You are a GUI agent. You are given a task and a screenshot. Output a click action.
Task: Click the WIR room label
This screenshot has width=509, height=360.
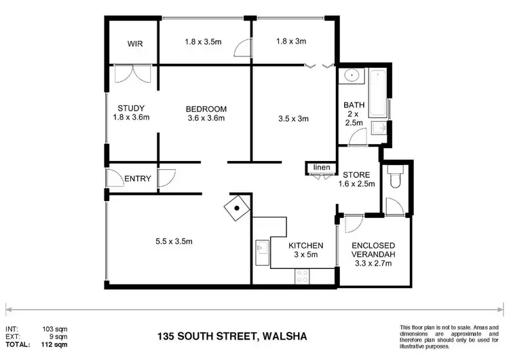pyautogui.click(x=136, y=44)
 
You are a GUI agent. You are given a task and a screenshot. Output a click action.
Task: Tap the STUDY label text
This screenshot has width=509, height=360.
pyautogui.click(x=130, y=108)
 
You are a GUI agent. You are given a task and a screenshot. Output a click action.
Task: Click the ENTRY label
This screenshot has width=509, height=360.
pyautogui.click(x=137, y=179)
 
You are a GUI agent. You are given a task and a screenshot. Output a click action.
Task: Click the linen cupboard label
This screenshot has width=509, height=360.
pyautogui.click(x=320, y=167)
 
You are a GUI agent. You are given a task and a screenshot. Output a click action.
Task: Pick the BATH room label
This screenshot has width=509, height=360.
pyautogui.click(x=354, y=114)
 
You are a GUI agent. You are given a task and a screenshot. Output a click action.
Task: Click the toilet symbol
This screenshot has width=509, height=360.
pyautogui.click(x=395, y=178)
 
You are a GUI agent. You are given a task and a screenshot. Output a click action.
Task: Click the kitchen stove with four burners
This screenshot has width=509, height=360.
pyautogui.click(x=301, y=275)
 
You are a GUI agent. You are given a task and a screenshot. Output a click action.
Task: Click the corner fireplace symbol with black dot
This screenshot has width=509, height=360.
pyautogui.click(x=237, y=210)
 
